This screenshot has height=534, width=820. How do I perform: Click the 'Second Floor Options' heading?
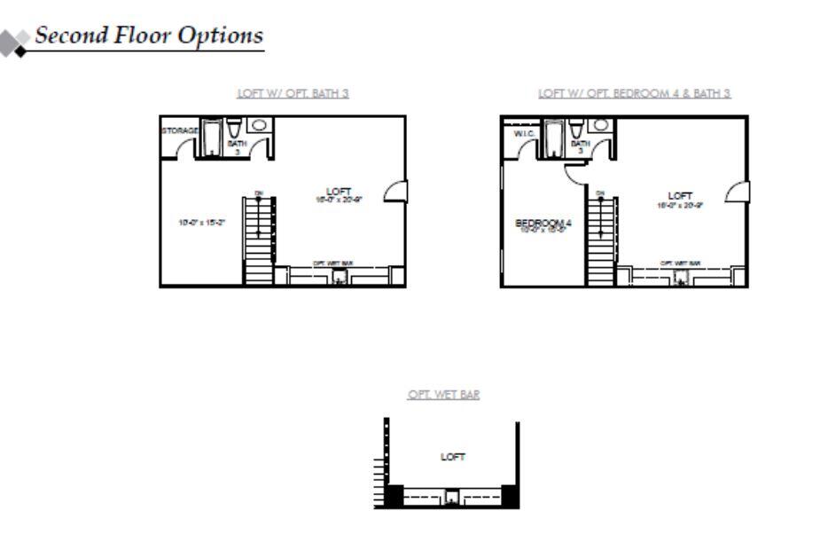[149, 35]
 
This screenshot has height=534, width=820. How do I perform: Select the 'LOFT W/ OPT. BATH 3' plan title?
[293, 92]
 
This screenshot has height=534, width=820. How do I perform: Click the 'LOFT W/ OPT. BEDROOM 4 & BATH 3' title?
[635, 92]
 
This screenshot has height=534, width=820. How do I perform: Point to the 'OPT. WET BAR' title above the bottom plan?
[443, 396]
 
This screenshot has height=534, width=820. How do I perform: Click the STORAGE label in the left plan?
[179, 130]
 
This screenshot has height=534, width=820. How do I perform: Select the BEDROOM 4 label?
[543, 224]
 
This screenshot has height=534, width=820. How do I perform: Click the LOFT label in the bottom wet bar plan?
[453, 457]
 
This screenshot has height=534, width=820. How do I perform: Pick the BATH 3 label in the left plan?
[237, 146]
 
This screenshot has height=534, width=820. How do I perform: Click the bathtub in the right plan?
[553, 140]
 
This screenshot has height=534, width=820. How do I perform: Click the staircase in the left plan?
[259, 240]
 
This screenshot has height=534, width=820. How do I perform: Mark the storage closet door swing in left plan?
[184, 150]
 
